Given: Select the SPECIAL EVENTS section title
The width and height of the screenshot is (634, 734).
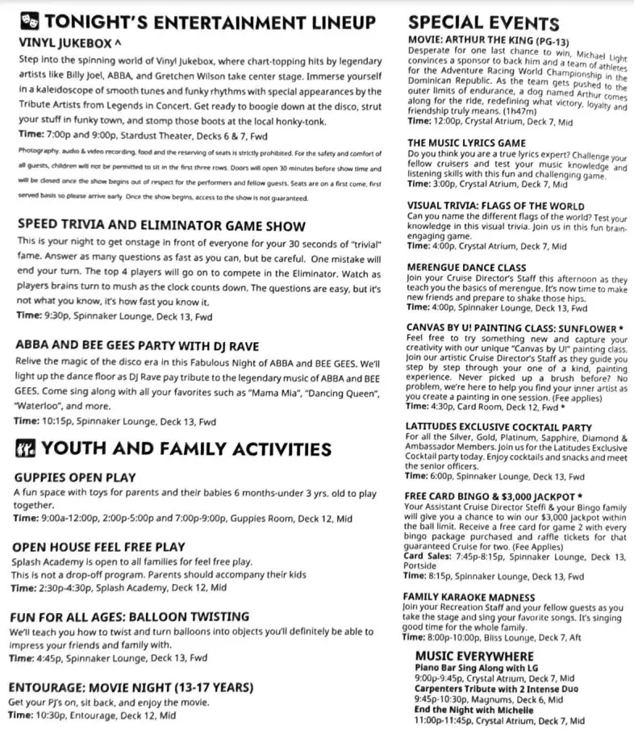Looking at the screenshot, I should point(483,22).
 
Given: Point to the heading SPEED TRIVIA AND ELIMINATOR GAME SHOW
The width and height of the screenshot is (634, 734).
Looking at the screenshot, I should point(161,227).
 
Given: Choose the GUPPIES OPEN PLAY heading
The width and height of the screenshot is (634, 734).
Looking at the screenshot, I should point(75,478).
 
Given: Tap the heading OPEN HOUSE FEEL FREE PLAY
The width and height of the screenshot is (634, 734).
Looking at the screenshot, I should point(98,547).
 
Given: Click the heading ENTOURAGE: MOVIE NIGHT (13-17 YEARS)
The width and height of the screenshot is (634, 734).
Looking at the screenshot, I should point(131,687).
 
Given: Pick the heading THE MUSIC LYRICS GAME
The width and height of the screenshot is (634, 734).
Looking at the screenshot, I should point(467,144).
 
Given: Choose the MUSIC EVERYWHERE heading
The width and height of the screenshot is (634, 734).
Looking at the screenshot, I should point(474,657).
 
